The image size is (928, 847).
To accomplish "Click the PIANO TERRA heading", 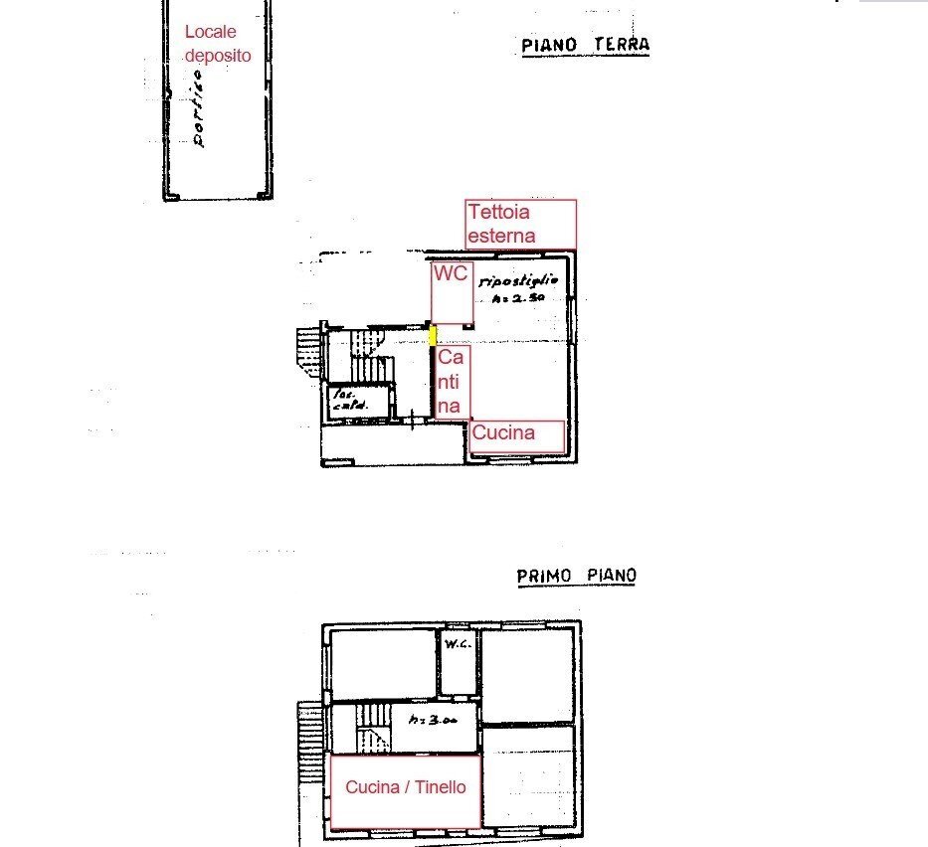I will pos(585,45).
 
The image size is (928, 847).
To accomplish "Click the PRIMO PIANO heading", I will pos(577,576).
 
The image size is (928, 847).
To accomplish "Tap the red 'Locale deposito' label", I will pos(217,44).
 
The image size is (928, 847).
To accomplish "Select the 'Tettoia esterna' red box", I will pos(520,224).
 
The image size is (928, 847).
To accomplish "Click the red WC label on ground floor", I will pos(450,275).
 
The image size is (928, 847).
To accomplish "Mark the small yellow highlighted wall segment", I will pos(433,334).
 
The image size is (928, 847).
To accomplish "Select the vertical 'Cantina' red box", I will pos(451,382).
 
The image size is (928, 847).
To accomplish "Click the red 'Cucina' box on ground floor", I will pos(517,434).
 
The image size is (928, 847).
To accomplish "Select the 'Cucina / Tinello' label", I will pos(405,787).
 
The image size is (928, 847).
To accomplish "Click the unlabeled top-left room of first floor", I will pos(383,662).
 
